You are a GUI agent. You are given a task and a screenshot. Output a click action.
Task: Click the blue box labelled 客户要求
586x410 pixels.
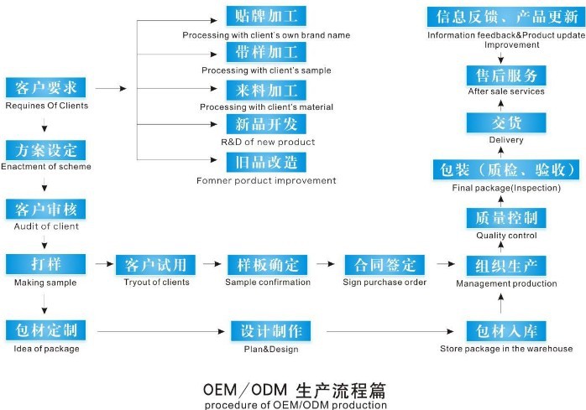(x=46, y=88)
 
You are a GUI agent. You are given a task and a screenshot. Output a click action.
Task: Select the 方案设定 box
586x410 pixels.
(x=46, y=150)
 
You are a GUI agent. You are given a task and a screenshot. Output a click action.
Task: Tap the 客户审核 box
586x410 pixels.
(x=46, y=210)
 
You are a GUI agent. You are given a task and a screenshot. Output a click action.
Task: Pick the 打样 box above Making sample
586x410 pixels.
(x=46, y=265)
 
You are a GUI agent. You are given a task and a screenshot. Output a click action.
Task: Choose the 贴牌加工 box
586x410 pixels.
(x=266, y=17)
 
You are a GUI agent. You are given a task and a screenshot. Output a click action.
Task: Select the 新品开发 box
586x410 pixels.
(x=266, y=124)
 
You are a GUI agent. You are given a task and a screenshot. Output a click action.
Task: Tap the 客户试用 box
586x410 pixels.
(x=155, y=265)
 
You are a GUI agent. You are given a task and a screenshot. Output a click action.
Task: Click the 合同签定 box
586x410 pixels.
(x=385, y=265)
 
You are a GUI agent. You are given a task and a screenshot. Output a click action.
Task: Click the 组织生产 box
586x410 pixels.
(x=506, y=267)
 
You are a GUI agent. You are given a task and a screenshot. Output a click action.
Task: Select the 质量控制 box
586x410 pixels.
(x=506, y=218)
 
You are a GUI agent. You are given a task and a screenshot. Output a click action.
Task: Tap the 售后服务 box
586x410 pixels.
(x=506, y=75)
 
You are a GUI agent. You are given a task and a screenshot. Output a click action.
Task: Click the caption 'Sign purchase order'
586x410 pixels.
(x=385, y=283)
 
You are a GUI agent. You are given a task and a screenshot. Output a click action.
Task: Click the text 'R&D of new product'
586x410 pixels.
(x=268, y=142)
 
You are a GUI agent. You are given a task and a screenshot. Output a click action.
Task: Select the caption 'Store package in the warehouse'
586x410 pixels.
(x=506, y=349)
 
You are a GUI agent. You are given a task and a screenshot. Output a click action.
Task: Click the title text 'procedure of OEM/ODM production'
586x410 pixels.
(x=296, y=405)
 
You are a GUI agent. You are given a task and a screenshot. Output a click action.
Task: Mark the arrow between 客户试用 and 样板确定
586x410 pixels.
(x=212, y=265)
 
